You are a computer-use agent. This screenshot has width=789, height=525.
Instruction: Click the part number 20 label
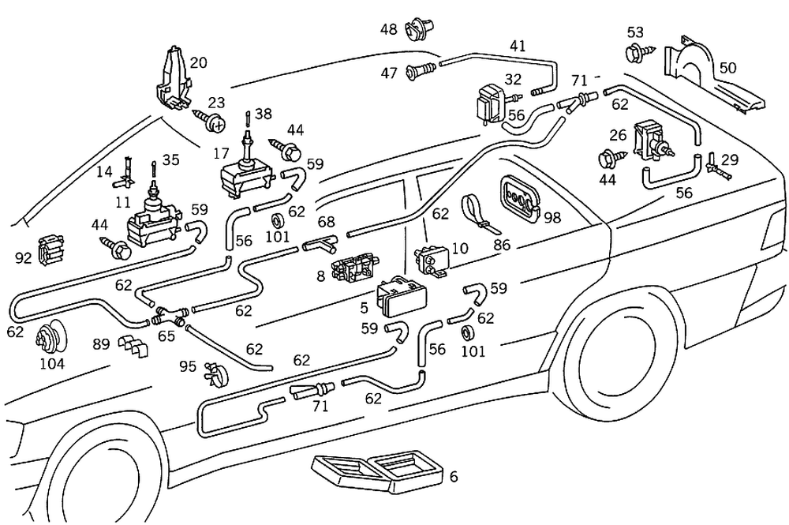point(199,62)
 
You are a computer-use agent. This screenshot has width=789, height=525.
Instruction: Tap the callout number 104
point(52,364)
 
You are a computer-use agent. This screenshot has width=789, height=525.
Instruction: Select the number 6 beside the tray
point(453,477)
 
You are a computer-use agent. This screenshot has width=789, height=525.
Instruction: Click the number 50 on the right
point(727,68)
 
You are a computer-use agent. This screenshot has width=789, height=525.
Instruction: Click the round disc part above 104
point(50,338)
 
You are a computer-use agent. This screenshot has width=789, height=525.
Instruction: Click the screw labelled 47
point(421,73)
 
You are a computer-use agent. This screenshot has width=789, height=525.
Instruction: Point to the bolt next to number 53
point(634,54)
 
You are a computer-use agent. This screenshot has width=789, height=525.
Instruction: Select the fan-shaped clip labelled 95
point(213,374)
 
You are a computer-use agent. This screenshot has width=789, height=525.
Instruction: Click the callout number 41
point(517,47)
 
